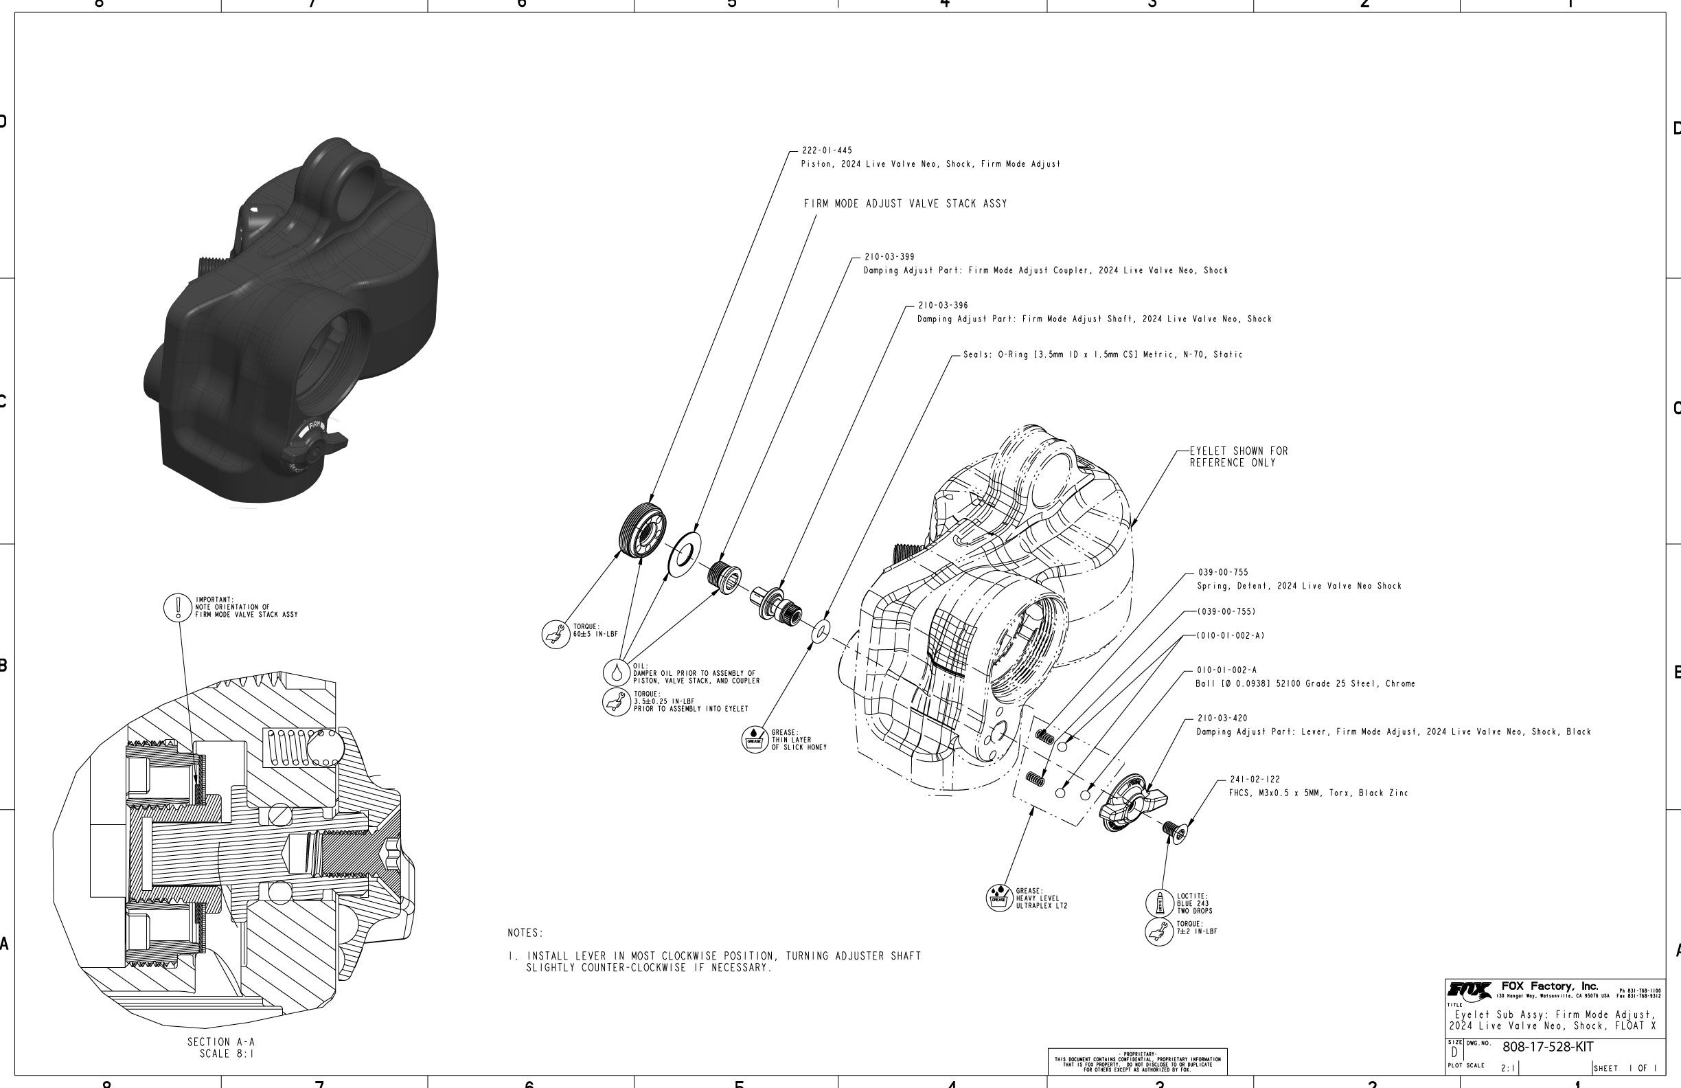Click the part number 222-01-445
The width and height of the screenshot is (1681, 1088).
coord(827,150)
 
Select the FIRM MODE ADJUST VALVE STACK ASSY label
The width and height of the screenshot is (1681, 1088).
coord(905,204)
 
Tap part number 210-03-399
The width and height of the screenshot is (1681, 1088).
coord(889,257)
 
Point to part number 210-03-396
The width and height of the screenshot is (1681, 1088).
coord(943,306)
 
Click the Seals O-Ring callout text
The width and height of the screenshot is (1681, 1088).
coord(1103,354)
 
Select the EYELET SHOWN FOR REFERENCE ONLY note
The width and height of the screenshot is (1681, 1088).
coord(1238,457)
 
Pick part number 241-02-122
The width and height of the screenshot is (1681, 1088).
coord(1255,780)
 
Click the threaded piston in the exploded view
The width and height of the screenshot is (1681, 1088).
coord(642,530)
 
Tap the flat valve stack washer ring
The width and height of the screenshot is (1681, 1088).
coord(685,555)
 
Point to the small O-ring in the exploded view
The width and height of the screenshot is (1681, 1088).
coord(821,631)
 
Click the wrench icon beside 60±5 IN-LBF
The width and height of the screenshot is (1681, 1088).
coord(556,634)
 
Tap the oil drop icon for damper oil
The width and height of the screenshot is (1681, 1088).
coord(617,672)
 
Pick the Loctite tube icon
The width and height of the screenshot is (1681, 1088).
coord(1159,903)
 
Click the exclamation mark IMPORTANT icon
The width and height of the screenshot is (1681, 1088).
coord(178,608)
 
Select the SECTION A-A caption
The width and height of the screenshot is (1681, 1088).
coord(221,1047)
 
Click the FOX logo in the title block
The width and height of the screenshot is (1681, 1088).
coord(1468,990)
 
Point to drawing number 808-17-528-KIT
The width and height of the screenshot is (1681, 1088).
coord(1548,1047)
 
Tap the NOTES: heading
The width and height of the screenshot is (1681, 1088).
coord(525,933)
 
